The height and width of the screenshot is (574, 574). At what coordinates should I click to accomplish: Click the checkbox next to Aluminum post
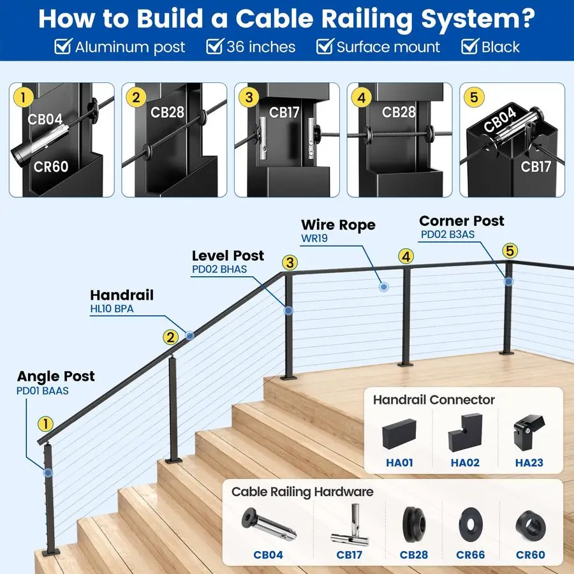[x=63, y=47]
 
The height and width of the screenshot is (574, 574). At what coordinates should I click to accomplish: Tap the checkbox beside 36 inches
[x=214, y=47]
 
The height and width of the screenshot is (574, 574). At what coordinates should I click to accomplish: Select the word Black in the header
[x=501, y=47]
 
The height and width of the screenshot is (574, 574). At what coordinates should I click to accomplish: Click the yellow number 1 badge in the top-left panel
[x=24, y=98]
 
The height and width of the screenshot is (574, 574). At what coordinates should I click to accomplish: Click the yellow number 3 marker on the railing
[x=290, y=262]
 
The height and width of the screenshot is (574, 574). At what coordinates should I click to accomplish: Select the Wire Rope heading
[x=338, y=225]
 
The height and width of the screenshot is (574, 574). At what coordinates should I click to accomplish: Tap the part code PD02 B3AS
[x=447, y=235]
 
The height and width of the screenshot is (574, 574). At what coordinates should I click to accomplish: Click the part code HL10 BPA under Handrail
[x=112, y=309]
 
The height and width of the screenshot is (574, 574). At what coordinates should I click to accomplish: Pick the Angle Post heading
[x=55, y=376]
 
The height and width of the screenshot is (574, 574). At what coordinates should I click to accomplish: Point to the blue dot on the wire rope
[x=383, y=288]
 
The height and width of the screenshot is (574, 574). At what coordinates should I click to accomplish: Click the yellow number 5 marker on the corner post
[x=509, y=251]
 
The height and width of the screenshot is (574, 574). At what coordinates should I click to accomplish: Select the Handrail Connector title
[x=434, y=400]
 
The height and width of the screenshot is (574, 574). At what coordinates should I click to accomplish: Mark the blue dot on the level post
[x=288, y=311]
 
